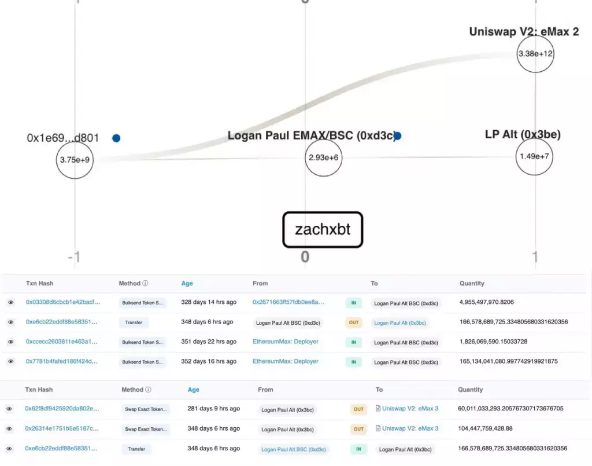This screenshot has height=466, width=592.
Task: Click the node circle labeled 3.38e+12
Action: [x=535, y=54]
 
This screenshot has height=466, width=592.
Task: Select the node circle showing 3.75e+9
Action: [x=75, y=160]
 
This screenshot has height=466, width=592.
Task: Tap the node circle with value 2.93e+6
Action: [x=324, y=157]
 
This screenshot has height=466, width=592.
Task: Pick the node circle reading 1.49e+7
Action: [x=534, y=156]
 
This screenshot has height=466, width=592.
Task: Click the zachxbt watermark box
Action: [x=323, y=229]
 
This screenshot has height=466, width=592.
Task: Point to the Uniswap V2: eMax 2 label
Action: [x=524, y=32]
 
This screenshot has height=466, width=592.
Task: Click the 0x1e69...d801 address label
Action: [x=63, y=138]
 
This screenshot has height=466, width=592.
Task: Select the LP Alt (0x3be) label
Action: [x=523, y=135]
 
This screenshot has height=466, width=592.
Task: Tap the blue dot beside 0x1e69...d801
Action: [x=116, y=138]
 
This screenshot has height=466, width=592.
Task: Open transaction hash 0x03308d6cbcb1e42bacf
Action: [x=62, y=302]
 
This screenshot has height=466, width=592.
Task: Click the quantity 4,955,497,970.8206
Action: [x=486, y=302]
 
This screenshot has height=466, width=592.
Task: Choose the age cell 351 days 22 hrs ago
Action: [x=208, y=342]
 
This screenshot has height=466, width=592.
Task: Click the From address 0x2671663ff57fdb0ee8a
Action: [x=288, y=302]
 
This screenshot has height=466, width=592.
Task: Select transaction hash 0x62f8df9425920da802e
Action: [x=62, y=409]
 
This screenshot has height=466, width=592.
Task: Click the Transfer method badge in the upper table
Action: [x=134, y=322]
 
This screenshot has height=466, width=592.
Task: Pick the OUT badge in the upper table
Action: [x=353, y=322]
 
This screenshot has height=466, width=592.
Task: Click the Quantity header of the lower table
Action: [x=471, y=390]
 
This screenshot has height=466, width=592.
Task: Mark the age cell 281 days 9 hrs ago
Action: [x=213, y=409]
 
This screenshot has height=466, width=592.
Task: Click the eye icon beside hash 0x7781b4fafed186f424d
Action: [x=10, y=362]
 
